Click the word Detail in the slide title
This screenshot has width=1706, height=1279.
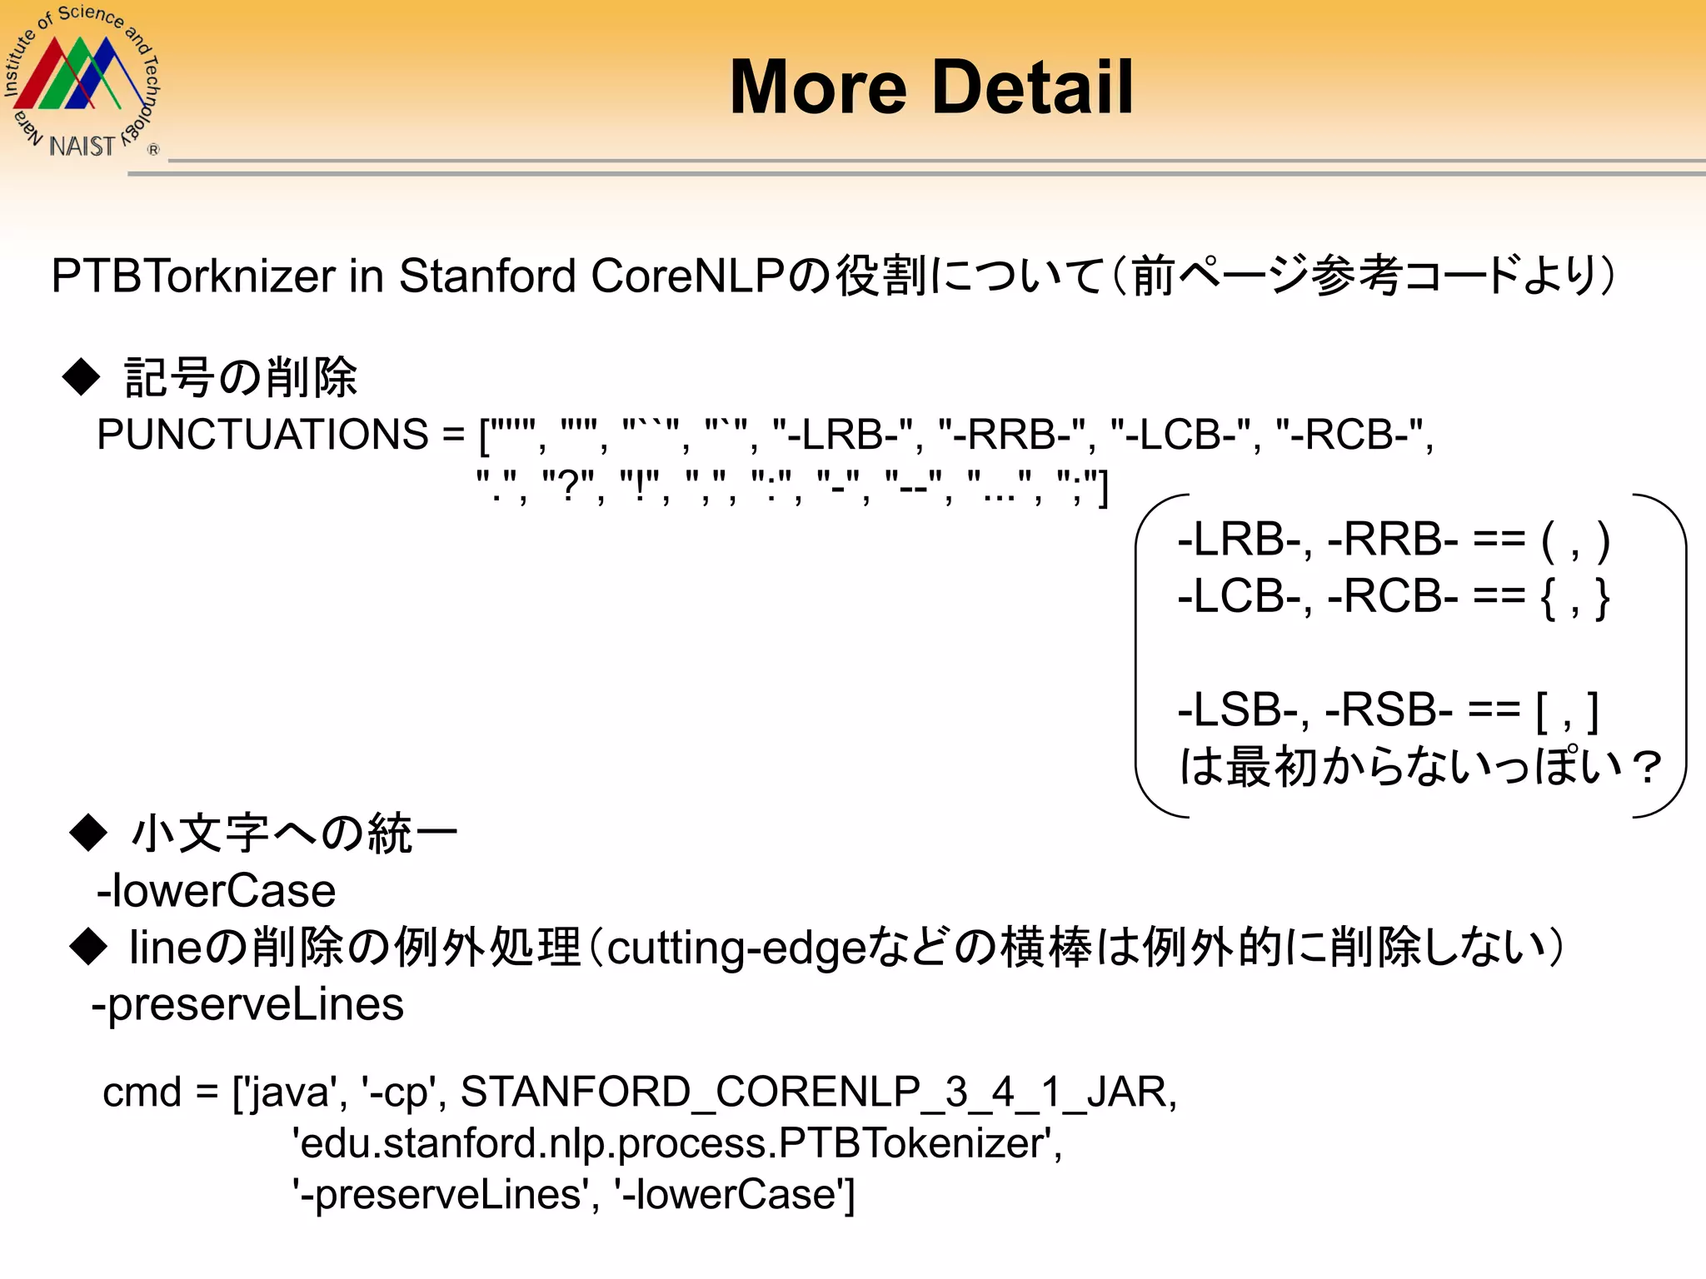click(x=1033, y=87)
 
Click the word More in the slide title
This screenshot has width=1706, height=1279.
click(x=818, y=87)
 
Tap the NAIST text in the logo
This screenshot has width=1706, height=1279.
click(x=82, y=147)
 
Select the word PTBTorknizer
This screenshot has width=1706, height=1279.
click(x=192, y=276)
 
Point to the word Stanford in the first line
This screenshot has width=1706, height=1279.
click(x=487, y=276)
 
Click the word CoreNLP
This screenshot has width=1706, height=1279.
click(x=687, y=276)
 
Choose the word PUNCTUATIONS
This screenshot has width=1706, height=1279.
click(x=263, y=435)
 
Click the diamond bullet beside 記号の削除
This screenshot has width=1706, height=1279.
click(x=82, y=376)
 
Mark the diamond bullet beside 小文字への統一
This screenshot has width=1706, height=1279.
click(x=89, y=832)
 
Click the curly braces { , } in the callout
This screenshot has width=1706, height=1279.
click(x=1575, y=597)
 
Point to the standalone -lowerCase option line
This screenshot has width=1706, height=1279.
click(x=217, y=891)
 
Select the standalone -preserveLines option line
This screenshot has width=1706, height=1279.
click(x=248, y=1004)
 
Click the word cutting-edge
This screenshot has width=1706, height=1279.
click(x=736, y=948)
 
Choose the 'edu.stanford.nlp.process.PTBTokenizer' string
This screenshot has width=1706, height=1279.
click(x=676, y=1143)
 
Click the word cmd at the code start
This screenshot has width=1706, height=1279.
click(x=142, y=1092)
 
